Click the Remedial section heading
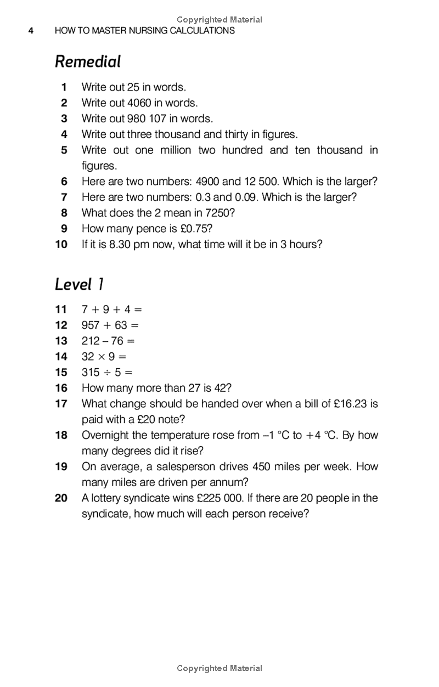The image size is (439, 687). click(x=88, y=61)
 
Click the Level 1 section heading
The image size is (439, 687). click(x=80, y=284)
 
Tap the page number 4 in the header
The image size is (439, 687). click(x=31, y=31)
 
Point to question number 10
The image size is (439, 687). click(x=61, y=244)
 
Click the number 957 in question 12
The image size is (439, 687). click(x=91, y=325)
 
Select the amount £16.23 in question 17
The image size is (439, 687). click(x=349, y=404)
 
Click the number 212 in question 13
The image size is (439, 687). click(x=91, y=341)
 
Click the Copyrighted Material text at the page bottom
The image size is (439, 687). click(x=219, y=668)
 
